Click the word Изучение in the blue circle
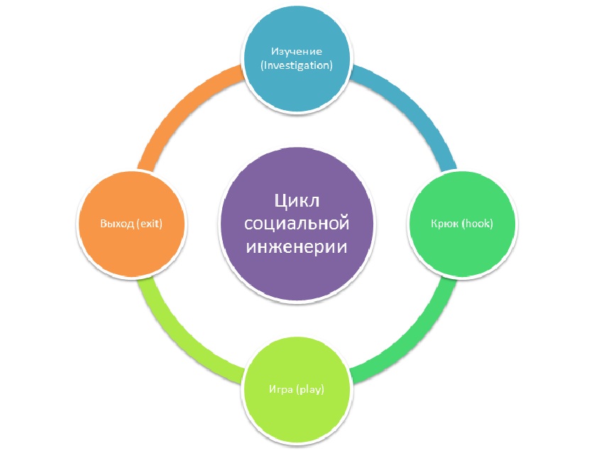click(297, 51)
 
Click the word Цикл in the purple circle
click(297, 201)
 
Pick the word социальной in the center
click(297, 224)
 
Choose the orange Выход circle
click(135, 249)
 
